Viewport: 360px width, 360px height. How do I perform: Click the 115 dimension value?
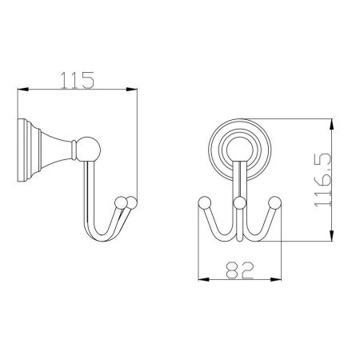pyautogui.click(x=78, y=80)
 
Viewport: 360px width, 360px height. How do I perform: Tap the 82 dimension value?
pyautogui.click(x=239, y=270)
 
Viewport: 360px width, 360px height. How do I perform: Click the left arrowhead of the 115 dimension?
pyautogui.click(x=23, y=90)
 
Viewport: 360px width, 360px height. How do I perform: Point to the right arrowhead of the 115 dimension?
pyautogui.click(x=131, y=90)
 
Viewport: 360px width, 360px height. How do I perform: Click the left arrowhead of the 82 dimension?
pyautogui.click(x=203, y=279)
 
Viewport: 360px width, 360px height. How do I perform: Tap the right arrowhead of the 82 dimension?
pyautogui.click(x=276, y=279)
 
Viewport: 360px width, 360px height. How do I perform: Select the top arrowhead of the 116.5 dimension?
pyautogui.click(x=331, y=124)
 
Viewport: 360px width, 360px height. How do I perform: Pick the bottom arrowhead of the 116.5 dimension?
pyautogui.click(x=331, y=236)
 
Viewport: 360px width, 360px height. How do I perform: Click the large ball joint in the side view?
pyautogui.click(x=89, y=150)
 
